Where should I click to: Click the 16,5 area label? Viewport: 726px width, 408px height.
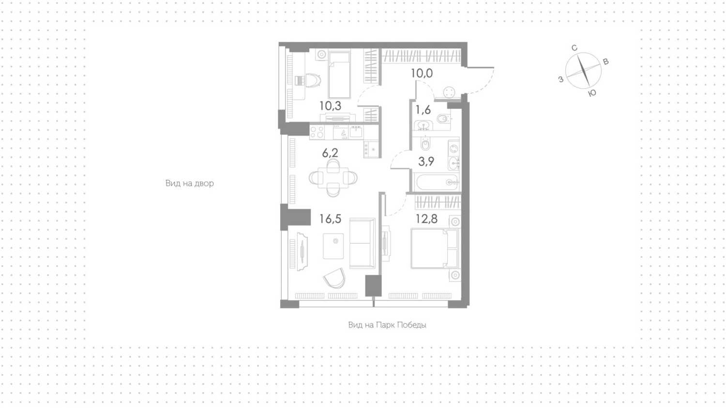point(330,219)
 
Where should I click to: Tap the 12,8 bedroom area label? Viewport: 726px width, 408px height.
point(426,219)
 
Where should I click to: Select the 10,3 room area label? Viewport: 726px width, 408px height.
point(330,106)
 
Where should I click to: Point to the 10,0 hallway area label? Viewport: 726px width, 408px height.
point(422,73)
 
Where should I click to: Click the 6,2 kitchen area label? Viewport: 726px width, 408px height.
point(330,153)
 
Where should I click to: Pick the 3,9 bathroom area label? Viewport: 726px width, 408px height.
point(426,161)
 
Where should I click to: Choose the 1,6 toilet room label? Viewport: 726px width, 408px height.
point(423,110)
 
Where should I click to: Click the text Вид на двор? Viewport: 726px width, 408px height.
point(190,183)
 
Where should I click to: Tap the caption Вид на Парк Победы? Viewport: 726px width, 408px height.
point(387,325)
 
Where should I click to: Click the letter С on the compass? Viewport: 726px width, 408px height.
point(575,48)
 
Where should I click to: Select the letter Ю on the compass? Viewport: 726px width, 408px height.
point(592,94)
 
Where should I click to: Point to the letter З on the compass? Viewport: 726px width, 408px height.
point(560,79)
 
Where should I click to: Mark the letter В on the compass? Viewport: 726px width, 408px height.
point(605,62)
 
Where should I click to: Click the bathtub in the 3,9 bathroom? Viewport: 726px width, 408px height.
point(437,182)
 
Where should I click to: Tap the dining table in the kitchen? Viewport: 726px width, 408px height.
point(333,177)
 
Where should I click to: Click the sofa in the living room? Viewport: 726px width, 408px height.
point(363,243)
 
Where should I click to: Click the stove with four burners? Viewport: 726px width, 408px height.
point(317,132)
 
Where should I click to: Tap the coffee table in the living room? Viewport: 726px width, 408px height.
point(333,246)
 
